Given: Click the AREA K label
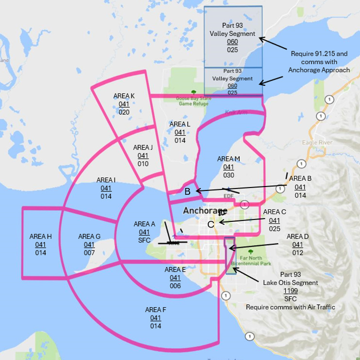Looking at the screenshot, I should [x=124, y=96].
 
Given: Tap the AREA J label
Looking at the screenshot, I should [x=143, y=147].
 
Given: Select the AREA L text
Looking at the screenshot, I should [x=180, y=125].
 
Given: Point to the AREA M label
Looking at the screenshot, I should [x=229, y=159].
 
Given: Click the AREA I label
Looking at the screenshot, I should [x=106, y=180].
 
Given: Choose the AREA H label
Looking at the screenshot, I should [x=40, y=236].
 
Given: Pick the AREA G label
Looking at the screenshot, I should [x=89, y=236].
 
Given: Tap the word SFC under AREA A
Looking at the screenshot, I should [x=144, y=240].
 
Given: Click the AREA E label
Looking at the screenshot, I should [x=175, y=269].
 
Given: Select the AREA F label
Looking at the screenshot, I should [x=155, y=310].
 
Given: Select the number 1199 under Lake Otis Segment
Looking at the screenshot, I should [x=291, y=291].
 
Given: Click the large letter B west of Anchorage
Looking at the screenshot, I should [x=187, y=191].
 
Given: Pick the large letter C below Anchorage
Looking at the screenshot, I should [x=210, y=224].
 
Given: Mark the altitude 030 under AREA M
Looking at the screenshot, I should [x=229, y=175].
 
